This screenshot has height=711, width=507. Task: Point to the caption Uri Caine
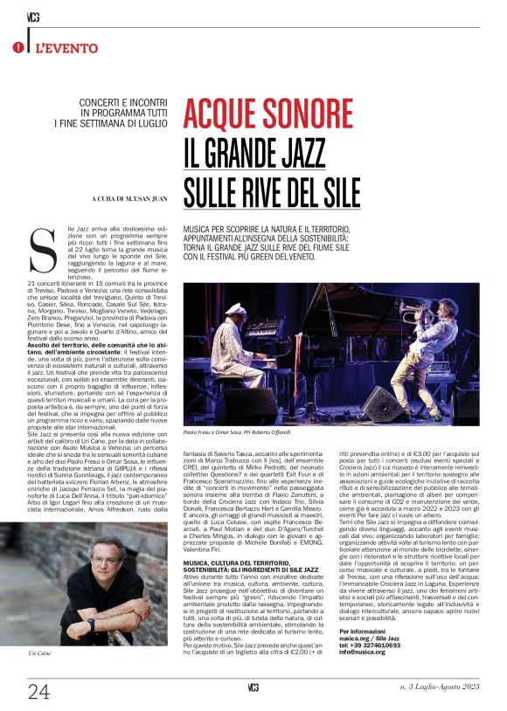coord(40,652)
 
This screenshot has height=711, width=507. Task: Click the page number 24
coord(38,692)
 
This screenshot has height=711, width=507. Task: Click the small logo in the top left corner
coord(32,16)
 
